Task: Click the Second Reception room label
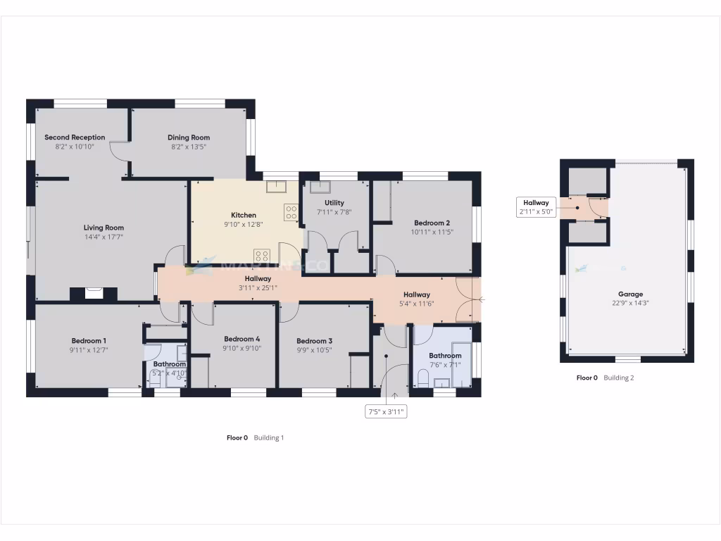pos(75,137)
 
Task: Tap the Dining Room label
pos(189,137)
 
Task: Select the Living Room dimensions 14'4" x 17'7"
pos(104,237)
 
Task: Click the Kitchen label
pos(244,215)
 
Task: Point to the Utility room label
pos(334,203)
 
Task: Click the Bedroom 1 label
pos(89,340)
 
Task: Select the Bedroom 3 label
pos(314,340)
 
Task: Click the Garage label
pos(630,294)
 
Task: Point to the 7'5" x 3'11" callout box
pos(386,412)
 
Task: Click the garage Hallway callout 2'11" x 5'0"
pos(536,206)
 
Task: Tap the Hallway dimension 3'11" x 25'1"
pos(253,288)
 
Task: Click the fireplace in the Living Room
pos(94,293)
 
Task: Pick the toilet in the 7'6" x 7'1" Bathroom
pos(422,380)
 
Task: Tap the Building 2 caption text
pos(619,378)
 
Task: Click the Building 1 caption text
pos(268,437)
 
